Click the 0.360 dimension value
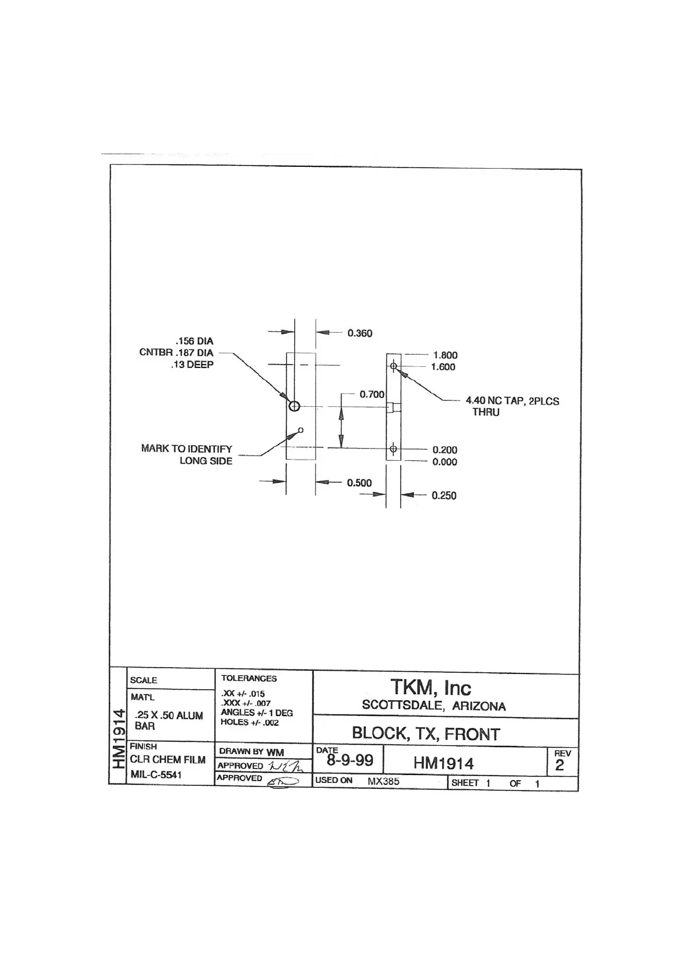tap(360, 333)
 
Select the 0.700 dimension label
tap(372, 395)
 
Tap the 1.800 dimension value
tap(445, 355)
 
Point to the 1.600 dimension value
tap(443, 367)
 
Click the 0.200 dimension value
tap(445, 450)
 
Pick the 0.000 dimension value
tap(445, 462)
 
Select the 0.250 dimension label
tap(444, 496)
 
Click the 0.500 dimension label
tap(359, 483)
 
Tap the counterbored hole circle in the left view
tap(294, 406)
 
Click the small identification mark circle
tap(300, 430)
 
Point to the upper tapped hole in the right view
tap(393, 366)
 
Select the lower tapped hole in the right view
tap(393, 449)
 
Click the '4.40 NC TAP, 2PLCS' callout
tap(512, 401)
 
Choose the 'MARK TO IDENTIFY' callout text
tap(186, 449)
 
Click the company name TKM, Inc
tap(431, 688)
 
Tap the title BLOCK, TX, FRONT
tap(426, 734)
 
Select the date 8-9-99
tap(350, 760)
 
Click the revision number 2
tap(559, 765)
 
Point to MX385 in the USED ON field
tap(383, 781)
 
